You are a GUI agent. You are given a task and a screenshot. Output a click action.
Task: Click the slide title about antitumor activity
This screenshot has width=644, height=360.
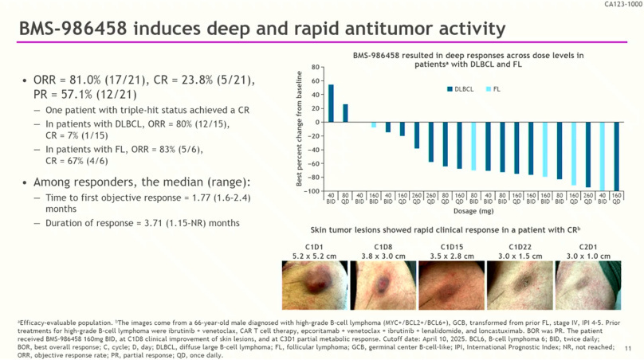pyautogui.click(x=262, y=29)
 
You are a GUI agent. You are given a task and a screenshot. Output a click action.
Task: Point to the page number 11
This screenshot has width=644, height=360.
pyautogui.click(x=628, y=348)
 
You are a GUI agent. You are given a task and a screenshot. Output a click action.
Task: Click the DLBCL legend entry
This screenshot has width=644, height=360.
pyautogui.click(x=458, y=90)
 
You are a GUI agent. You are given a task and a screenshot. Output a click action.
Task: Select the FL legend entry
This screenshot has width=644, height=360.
pyautogui.click(x=493, y=90)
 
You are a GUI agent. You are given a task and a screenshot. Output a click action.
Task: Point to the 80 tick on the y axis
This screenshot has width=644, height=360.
pyautogui.click(x=317, y=67)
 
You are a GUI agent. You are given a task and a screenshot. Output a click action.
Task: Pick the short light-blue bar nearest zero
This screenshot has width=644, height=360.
pyautogui.click(x=374, y=124)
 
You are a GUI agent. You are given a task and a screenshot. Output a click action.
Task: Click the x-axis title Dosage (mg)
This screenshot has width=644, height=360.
pyautogui.click(x=474, y=211)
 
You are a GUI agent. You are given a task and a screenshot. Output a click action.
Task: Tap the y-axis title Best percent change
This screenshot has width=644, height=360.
pyautogui.click(x=299, y=128)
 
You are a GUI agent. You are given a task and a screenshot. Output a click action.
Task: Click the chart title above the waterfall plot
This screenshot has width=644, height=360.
pyautogui.click(x=468, y=59)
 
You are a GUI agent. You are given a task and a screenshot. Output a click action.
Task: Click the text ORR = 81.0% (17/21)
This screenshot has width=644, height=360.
pyautogui.click(x=88, y=80)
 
